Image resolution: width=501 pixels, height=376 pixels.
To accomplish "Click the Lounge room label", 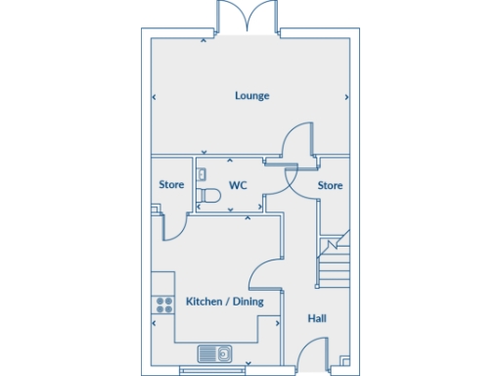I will [251, 96].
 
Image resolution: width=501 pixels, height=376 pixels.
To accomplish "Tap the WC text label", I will [238, 185].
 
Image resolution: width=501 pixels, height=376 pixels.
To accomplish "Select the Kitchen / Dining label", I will [225, 302].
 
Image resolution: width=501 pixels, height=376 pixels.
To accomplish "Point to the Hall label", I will [317, 318].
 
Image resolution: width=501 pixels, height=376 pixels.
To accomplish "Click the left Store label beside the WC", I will [171, 185].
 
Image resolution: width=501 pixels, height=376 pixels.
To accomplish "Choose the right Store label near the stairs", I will [330, 185].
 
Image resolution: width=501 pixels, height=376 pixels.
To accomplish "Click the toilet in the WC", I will [207, 197].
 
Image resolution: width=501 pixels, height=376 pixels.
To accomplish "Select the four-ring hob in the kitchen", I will [159, 305].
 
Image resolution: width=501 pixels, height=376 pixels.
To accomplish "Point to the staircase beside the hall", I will [334, 259].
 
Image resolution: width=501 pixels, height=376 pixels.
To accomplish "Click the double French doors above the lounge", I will [250, 19].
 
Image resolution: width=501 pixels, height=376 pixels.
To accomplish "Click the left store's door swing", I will [175, 225].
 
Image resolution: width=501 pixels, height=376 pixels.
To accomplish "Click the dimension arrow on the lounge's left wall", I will [155, 96].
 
